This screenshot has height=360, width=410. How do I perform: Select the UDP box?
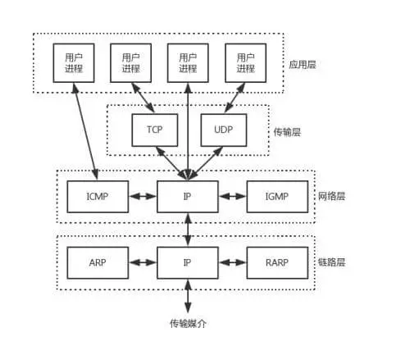[223, 130]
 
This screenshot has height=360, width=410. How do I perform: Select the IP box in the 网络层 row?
[189, 197]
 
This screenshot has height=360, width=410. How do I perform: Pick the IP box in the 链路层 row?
[189, 263]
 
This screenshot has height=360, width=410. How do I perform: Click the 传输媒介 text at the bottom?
[189, 323]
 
